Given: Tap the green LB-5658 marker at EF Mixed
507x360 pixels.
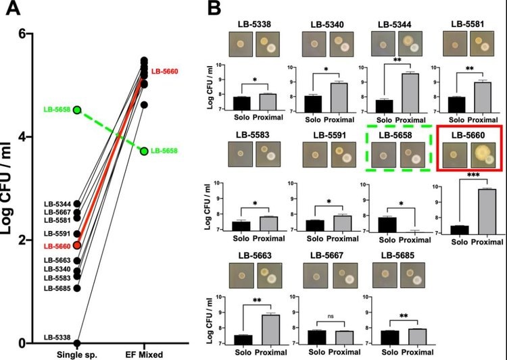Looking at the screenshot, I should pos(143,151).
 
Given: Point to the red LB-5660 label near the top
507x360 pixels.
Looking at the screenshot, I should pos(164,71).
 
